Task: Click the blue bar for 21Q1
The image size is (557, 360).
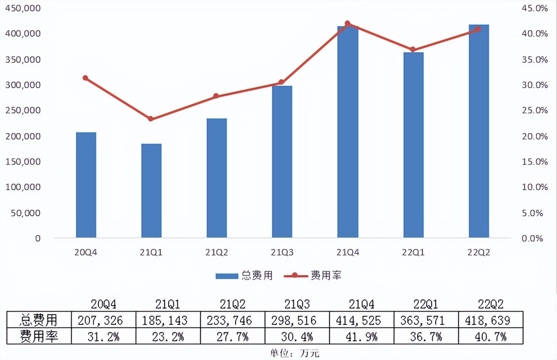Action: click(x=151, y=190)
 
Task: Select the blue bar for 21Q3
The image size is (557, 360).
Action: click(x=282, y=161)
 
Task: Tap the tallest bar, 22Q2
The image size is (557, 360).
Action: click(x=479, y=131)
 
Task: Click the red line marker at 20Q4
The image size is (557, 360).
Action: click(x=85, y=78)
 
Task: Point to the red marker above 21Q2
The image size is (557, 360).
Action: click(x=216, y=96)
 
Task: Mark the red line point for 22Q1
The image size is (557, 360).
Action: click(x=413, y=50)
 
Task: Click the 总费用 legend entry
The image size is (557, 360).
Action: click(x=244, y=275)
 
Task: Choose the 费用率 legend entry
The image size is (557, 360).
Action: click(x=313, y=275)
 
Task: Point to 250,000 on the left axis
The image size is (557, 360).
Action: click(x=23, y=110)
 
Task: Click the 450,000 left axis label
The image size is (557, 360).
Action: click(x=23, y=8)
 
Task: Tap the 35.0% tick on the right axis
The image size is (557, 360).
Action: click(x=535, y=59)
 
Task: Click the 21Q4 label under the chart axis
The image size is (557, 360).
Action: click(x=348, y=252)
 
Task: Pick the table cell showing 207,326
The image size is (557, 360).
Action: click(x=100, y=321)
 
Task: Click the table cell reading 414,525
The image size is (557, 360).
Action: click(x=358, y=321)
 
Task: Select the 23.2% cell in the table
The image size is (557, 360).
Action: click(x=168, y=337)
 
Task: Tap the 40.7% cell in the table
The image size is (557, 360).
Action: click(x=490, y=337)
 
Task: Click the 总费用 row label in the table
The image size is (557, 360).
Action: click(x=38, y=320)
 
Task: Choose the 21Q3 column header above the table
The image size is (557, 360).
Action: click(x=297, y=304)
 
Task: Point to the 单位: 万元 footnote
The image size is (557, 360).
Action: click(x=294, y=353)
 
